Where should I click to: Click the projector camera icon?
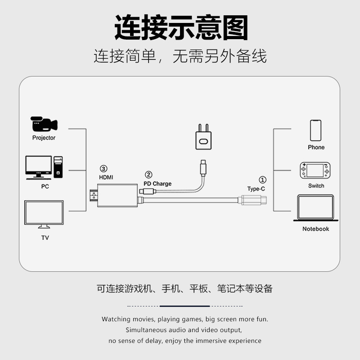(44, 124)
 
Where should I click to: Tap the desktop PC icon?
(44, 167)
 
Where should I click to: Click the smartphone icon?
(316, 130)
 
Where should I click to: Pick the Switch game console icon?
(316, 171)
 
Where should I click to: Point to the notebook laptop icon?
(315, 208)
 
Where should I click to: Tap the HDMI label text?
(106, 177)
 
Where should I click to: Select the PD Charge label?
(157, 184)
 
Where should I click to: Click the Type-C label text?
(256, 189)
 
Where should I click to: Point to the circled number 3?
(103, 169)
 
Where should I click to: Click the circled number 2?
(148, 175)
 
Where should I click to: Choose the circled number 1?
(263, 180)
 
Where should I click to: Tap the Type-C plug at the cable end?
(254, 200)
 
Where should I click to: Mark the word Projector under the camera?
(44, 138)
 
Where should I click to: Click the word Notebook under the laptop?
(315, 229)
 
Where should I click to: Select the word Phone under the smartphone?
(316, 147)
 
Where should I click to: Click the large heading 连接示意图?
(180, 28)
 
